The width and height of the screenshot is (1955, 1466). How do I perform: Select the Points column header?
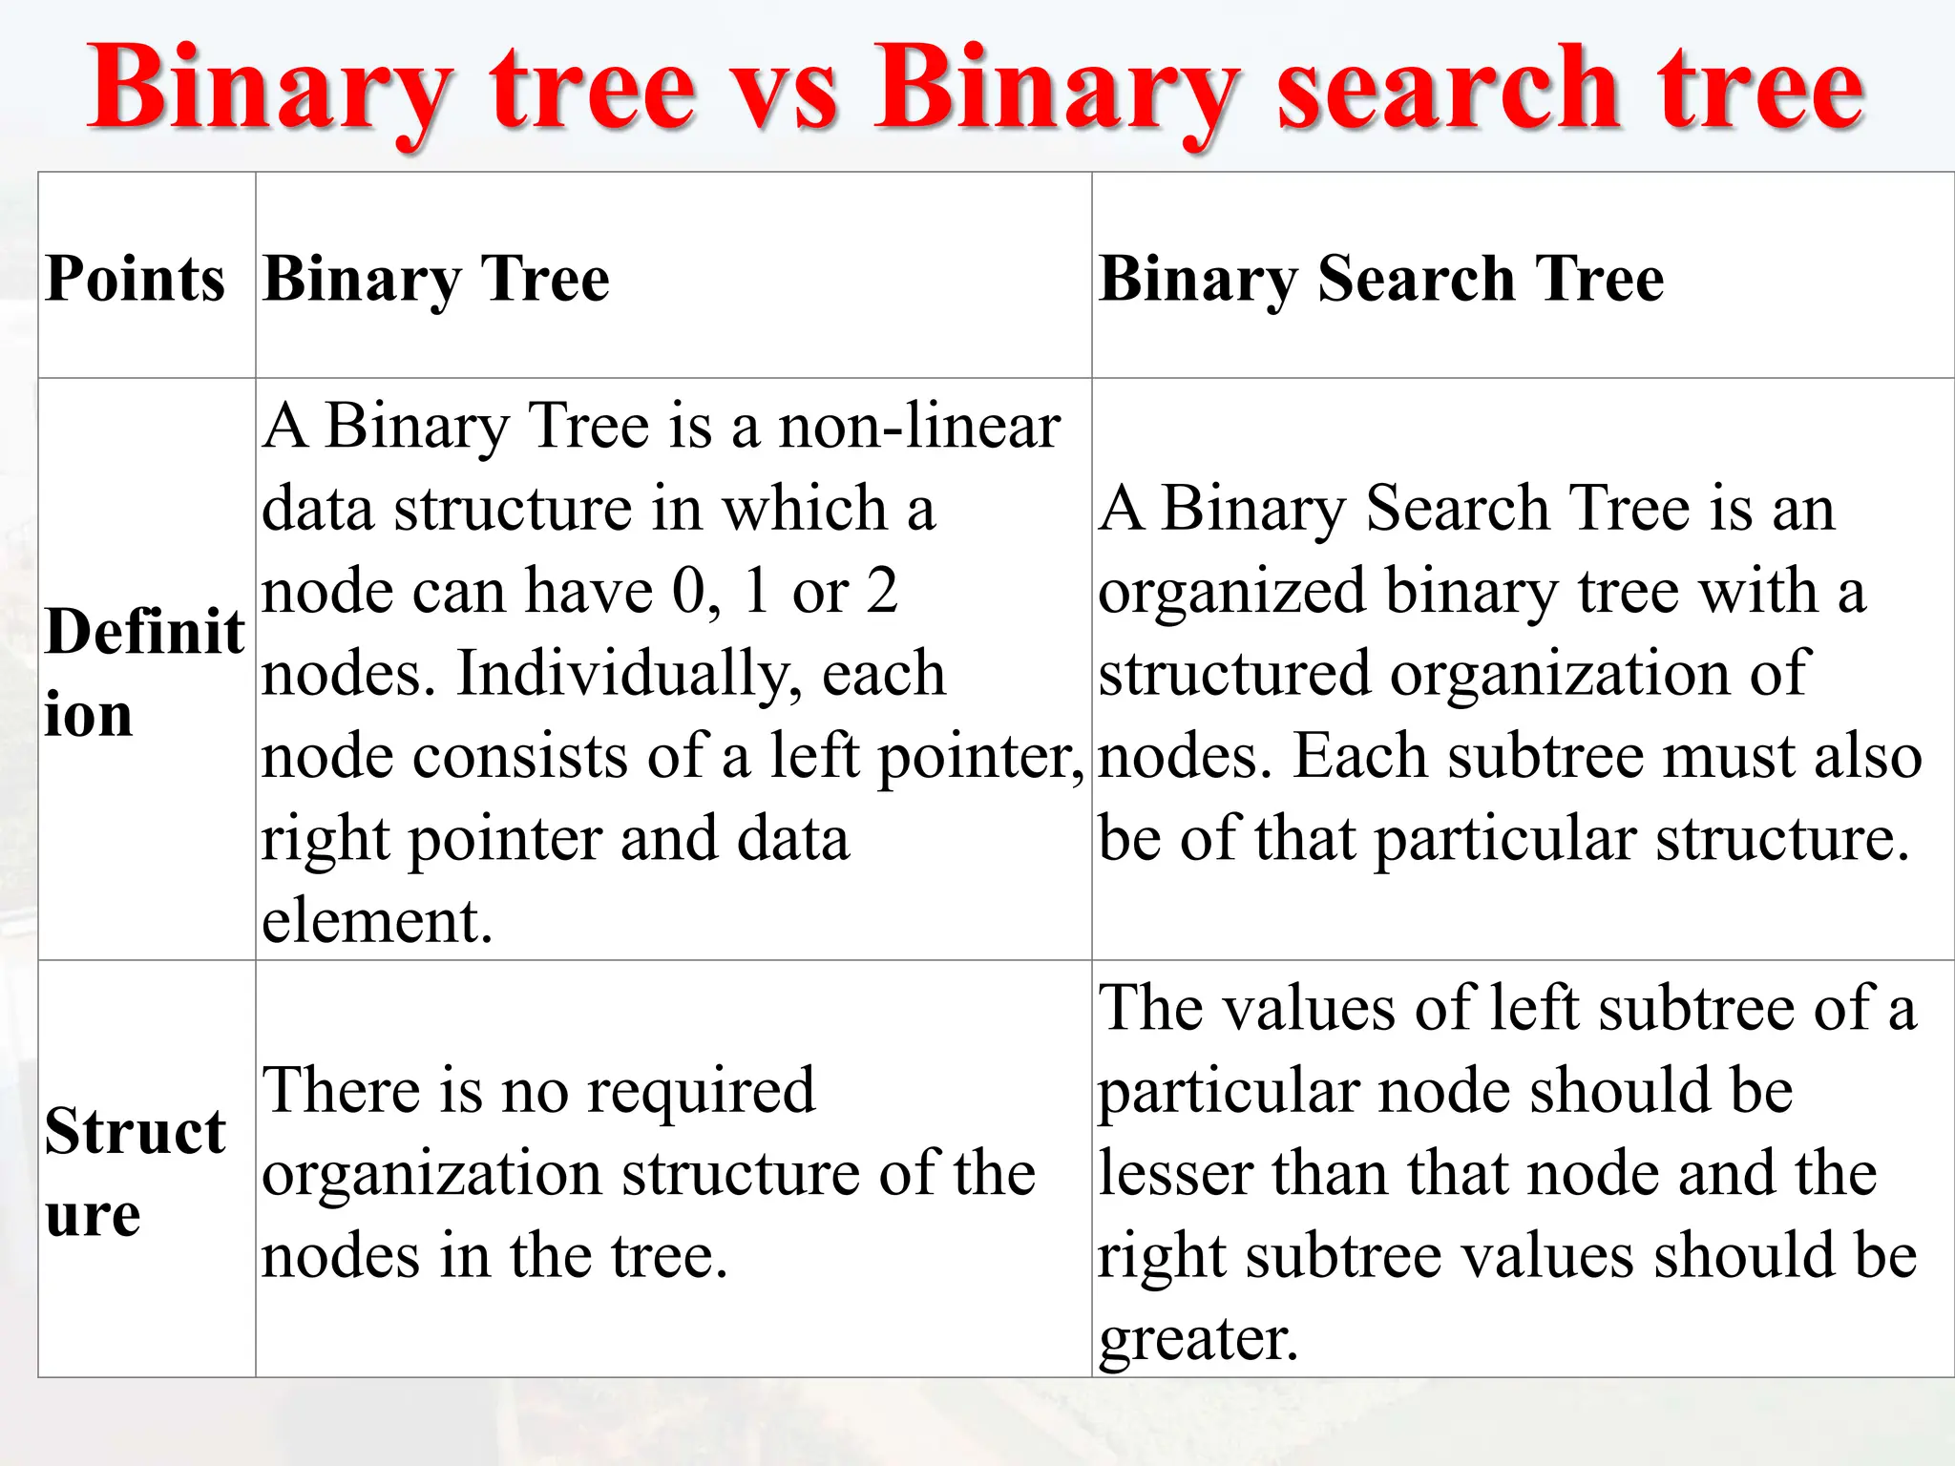pos(135,279)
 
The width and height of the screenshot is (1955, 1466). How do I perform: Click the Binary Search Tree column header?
pos(1381,279)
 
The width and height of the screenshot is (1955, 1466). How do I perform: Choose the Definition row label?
pos(143,672)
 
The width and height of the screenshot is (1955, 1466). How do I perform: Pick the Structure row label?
pos(135,1172)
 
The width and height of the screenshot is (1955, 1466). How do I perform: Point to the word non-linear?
pos(919,426)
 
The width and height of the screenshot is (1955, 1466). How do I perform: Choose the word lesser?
pos(1175,1173)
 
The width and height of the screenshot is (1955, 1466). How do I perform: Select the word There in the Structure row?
pos(342,1090)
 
